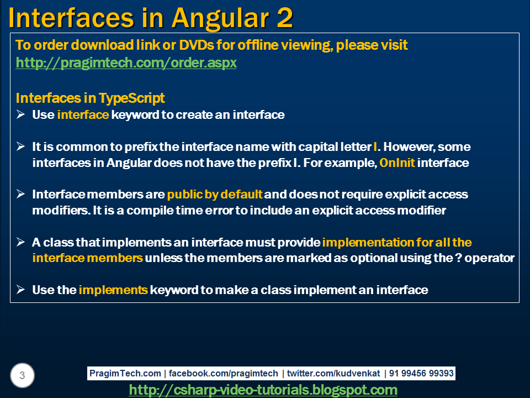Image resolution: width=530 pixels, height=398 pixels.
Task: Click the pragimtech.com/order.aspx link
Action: click(126, 63)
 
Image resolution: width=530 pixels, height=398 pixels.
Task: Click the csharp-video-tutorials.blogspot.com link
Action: click(263, 390)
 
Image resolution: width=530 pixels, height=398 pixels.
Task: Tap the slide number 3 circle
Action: click(22, 375)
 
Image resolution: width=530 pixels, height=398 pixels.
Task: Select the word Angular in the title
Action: click(220, 19)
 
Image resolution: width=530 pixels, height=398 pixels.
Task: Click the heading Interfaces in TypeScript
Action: click(90, 98)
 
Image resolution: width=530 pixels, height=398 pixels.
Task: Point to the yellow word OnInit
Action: click(397, 163)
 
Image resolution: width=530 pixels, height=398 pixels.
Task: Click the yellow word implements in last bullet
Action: click(113, 290)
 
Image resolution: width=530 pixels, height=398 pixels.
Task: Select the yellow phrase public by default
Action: click(215, 195)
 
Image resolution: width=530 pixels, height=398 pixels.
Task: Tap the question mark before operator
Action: click(458, 258)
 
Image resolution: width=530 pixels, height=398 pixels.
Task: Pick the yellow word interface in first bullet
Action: click(83, 115)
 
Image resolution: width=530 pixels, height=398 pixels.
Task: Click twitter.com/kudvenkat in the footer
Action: click(333, 373)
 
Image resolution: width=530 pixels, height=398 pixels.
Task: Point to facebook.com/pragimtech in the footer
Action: click(224, 374)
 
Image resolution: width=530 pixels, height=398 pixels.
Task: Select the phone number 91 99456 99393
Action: click(421, 373)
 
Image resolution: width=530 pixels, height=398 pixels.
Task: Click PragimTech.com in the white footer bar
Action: click(125, 374)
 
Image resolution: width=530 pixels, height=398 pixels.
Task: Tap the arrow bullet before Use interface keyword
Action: click(20, 114)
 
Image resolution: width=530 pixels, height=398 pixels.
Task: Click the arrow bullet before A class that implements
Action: click(20, 242)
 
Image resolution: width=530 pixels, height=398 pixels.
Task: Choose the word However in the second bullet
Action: click(406, 147)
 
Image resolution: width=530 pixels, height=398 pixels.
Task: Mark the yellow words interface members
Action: click(88, 258)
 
